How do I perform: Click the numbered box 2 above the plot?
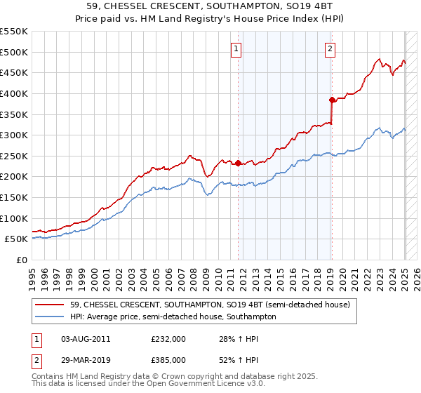coord(330,49)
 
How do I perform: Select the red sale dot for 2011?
coord(238,164)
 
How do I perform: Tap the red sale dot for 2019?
coord(333,100)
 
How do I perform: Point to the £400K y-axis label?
coord(14,93)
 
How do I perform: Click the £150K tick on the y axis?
coord(14,197)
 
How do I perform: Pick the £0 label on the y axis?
coord(21,260)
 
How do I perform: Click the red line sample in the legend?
coord(51,304)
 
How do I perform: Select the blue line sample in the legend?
coord(51,317)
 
